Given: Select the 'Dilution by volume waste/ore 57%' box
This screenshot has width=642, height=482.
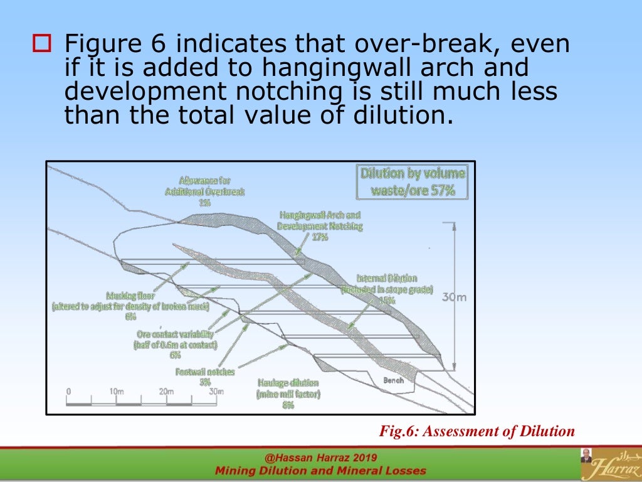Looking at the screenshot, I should pos(412,182).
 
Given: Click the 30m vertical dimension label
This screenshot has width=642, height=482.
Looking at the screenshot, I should pos(454,297).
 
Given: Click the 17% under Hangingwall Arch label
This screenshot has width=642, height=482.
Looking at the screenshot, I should pos(320,237).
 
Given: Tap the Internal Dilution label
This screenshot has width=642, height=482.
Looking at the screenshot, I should pos(387,278).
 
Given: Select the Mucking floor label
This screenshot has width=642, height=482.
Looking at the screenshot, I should pos(130,295).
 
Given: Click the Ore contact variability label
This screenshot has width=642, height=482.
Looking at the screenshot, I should pos(175,335).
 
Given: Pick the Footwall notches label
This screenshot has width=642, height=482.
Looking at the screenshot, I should pos(205,372).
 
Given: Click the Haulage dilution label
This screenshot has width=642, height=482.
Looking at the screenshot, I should pos(288,383).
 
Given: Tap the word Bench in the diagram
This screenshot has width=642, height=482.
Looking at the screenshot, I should pos(393,380).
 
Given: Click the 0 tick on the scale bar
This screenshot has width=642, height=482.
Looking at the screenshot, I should pos(68,392).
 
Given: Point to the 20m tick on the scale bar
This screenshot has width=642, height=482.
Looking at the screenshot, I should pos(166,392).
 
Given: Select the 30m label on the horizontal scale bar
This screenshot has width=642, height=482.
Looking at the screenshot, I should pos(215,392).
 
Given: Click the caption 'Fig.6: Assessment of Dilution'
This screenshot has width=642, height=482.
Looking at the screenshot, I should pos(476,431).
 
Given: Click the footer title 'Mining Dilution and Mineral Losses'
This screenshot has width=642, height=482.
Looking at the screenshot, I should pos(320,471).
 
